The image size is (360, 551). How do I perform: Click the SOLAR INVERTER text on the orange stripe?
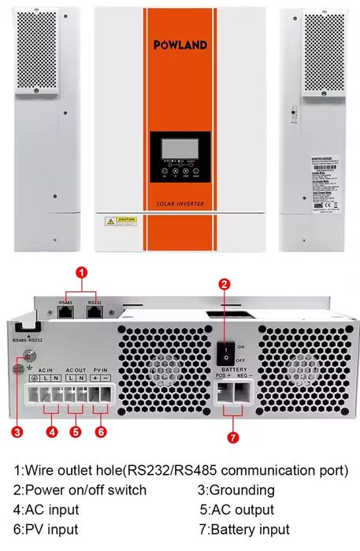point(180,204)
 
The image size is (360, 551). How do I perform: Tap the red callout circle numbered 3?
point(17,431)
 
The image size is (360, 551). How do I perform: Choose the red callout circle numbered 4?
point(52,431)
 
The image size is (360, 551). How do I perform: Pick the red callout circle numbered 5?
point(76,431)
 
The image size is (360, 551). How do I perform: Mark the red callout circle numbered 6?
point(101,431)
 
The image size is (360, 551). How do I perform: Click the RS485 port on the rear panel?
point(66,312)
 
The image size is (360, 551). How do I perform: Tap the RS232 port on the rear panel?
point(94,312)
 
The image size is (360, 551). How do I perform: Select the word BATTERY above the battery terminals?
point(234,368)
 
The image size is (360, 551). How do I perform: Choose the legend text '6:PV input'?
point(46,530)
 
